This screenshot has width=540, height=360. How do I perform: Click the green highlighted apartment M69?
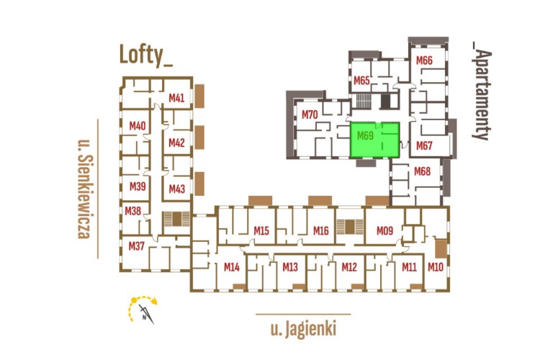pos(374,140)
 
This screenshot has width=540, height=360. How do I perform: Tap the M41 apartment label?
pos(176,98)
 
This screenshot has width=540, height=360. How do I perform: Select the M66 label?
pos(424,60)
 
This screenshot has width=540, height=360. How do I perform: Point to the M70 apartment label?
pos(310,114)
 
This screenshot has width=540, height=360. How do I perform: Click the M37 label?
pos(137,246)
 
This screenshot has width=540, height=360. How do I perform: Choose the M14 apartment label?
pos(231,267)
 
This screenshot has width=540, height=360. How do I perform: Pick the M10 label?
pos(436,266)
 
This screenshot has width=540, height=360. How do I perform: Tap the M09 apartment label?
pos(384,230)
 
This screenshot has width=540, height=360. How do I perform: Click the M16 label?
pos(320,230)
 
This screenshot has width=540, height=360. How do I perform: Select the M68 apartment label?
pos(422,171)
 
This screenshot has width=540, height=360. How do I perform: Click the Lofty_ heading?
pos(145,55)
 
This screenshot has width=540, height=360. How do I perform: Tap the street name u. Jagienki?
pos(303,329)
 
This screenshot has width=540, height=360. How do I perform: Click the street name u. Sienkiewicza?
pos(85,189)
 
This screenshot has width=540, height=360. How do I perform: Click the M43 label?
pos(177,189)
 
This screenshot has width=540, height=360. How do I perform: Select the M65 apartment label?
pos(361,81)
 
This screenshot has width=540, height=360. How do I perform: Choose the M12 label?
pos(349,267)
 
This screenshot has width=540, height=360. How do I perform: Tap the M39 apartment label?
pos(138,186)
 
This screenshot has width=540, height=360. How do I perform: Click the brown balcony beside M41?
pos(199,96)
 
